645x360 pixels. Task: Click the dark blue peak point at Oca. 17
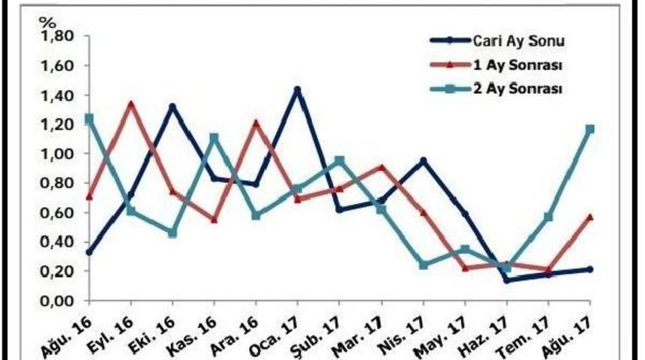point(298,90)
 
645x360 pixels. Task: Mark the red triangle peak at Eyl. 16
point(131,104)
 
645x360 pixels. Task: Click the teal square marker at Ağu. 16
point(89,118)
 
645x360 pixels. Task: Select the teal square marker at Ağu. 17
point(590,129)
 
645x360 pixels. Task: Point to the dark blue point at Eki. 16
point(172,106)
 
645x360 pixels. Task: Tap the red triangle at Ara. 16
point(256,122)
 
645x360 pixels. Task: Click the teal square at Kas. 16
point(214,138)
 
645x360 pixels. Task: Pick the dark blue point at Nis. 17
point(424,160)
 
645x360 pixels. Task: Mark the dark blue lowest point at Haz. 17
point(507,280)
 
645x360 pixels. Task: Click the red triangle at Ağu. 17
point(590,217)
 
